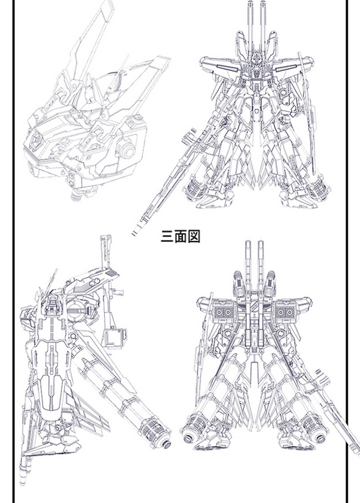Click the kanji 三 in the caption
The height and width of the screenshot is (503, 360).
[x=167, y=236]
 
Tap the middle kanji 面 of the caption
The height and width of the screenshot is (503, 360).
[x=180, y=236]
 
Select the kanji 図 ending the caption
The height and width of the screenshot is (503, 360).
[x=194, y=236]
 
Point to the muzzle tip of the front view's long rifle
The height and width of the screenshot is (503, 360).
[x=135, y=232]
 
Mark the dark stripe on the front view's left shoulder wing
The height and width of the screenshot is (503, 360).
[x=226, y=68]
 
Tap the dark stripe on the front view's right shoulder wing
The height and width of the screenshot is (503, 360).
[x=286, y=68]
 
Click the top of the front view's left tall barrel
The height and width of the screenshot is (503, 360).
[x=251, y=3]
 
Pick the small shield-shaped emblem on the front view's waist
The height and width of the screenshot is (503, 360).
[x=257, y=111]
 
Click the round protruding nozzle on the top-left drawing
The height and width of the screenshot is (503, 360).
[x=126, y=149]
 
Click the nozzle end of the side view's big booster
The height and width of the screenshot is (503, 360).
[x=165, y=444]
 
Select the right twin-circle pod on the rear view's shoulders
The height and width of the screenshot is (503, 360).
[x=285, y=312]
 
